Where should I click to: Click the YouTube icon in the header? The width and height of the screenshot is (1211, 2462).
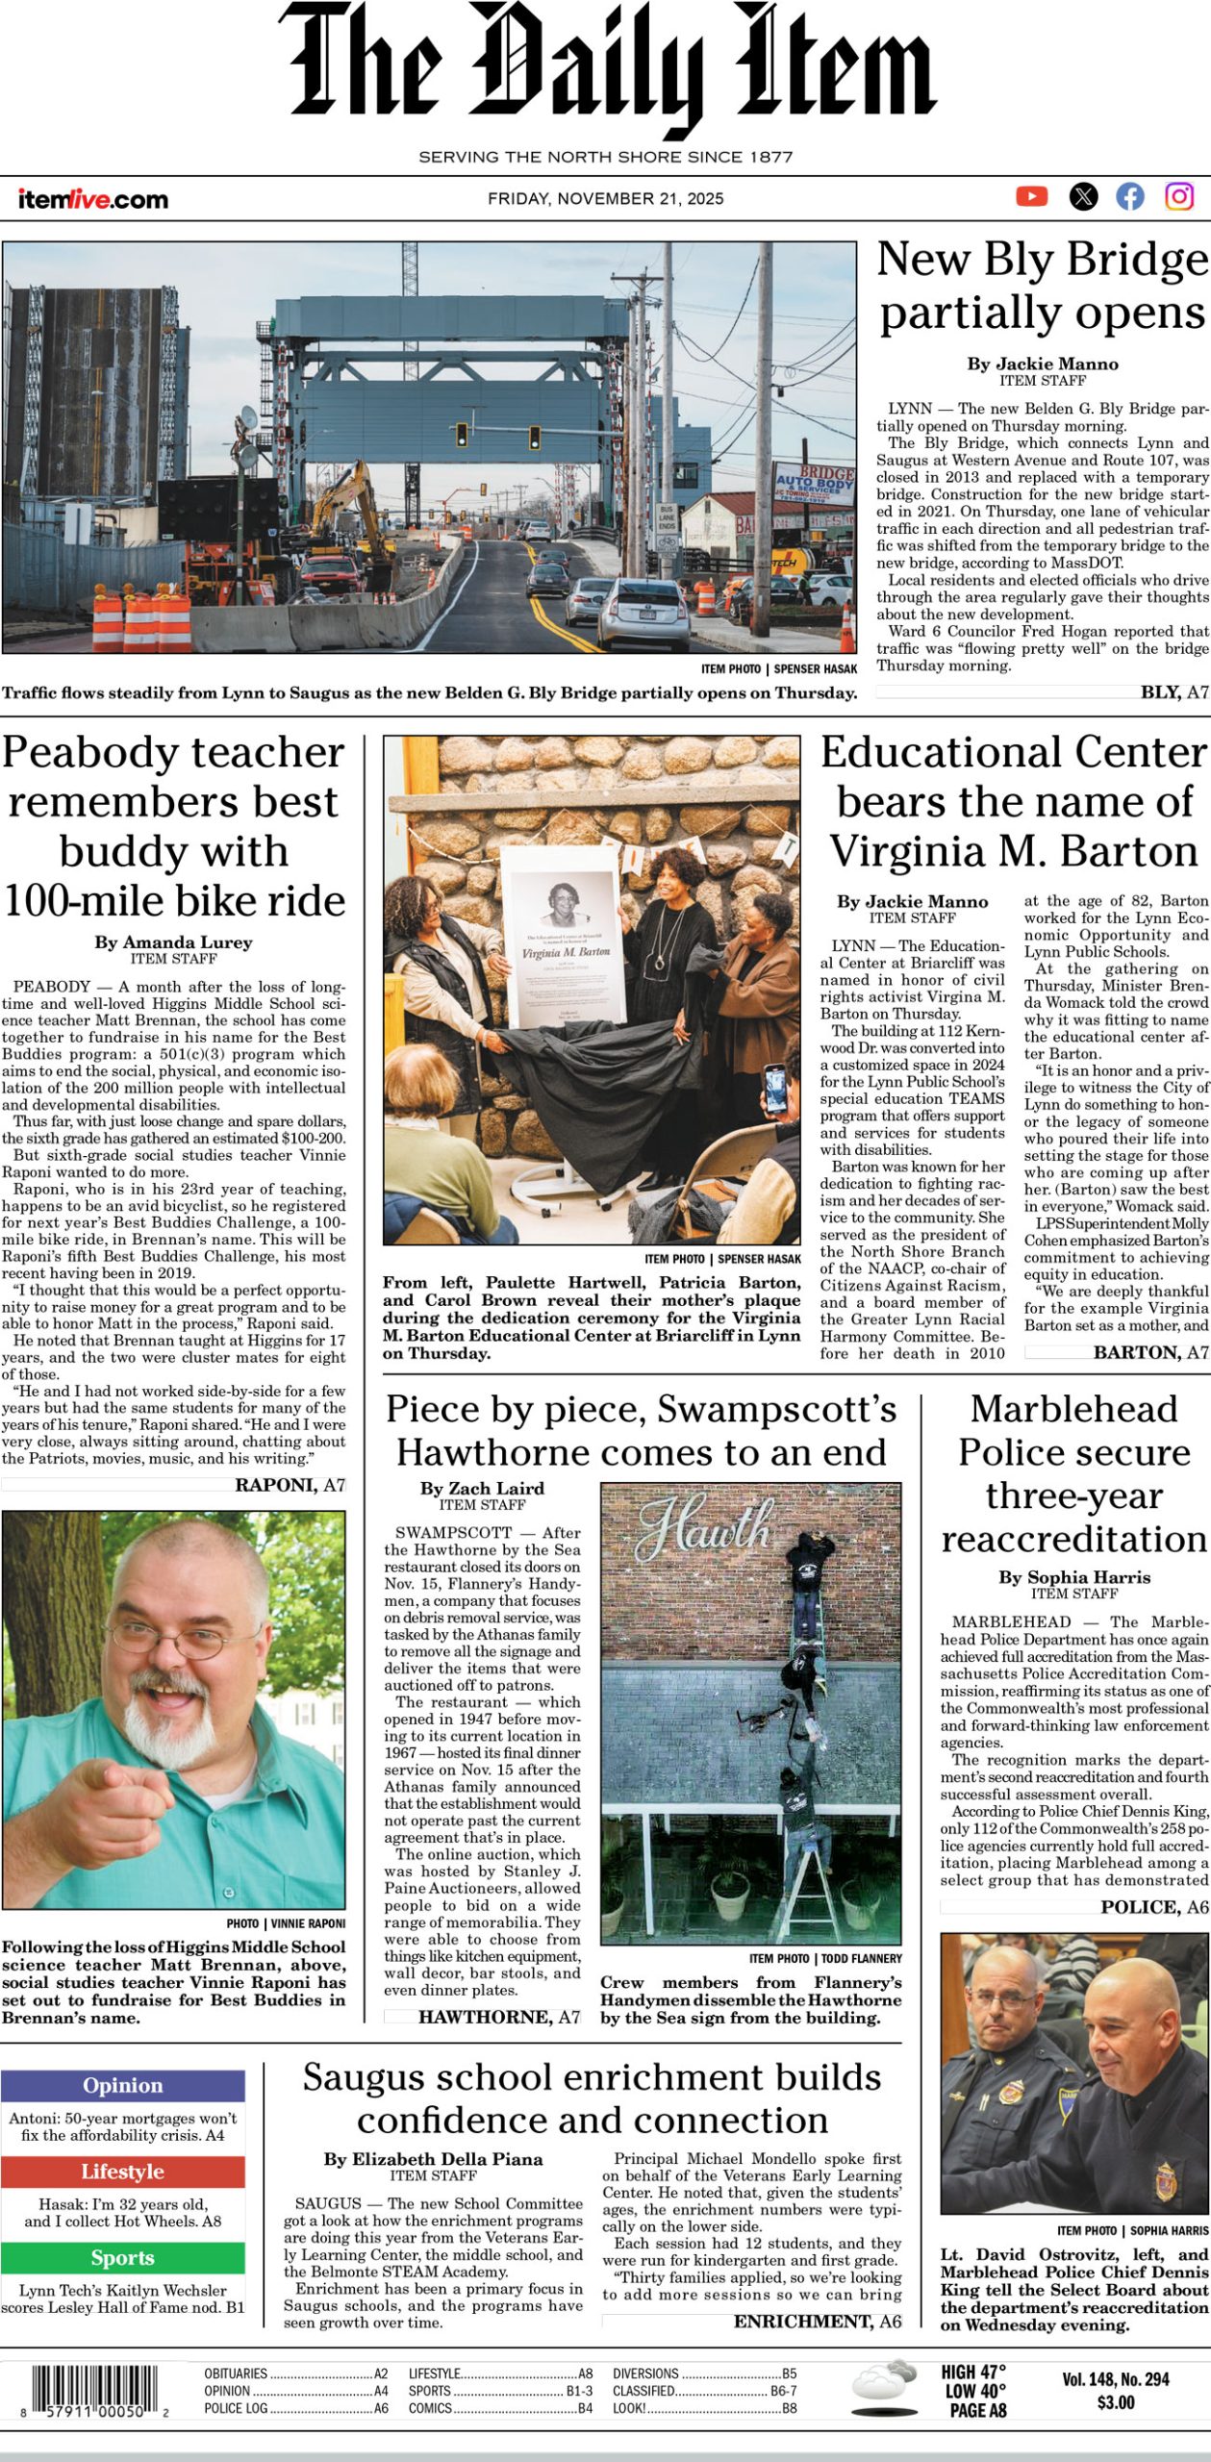(1031, 197)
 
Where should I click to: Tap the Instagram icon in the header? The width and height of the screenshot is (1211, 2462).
(1179, 197)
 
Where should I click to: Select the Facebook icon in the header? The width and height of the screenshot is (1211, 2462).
(1130, 197)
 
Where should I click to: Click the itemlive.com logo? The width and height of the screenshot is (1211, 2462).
(92, 200)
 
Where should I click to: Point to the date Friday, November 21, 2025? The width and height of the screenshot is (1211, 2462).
(605, 199)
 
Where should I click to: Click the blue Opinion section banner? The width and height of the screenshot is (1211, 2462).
(122, 2085)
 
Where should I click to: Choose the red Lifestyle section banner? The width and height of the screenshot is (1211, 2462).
(122, 2172)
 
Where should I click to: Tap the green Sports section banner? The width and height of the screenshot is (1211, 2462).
(122, 2257)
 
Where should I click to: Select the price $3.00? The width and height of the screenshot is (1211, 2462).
(1115, 2402)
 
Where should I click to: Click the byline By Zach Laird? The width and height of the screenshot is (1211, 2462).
(482, 1488)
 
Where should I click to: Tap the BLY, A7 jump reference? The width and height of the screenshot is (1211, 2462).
(1173, 691)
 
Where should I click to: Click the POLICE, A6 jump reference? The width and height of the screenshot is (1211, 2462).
(1154, 1907)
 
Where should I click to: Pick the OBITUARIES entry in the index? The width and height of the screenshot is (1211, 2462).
(236, 2374)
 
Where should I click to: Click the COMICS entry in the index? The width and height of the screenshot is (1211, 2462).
(430, 2408)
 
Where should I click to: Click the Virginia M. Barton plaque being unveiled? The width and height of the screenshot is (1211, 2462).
(564, 938)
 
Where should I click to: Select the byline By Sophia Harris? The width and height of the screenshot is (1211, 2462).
(1073, 1577)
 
